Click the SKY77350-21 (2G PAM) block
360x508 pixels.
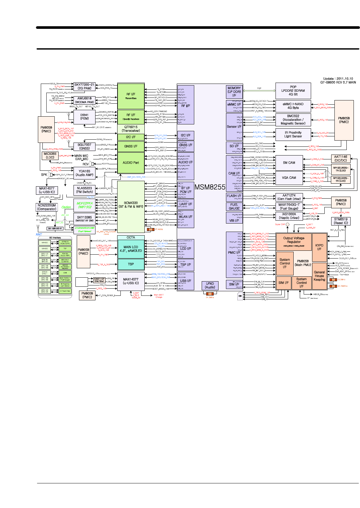point(84,87)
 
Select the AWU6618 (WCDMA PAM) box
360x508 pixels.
point(84,100)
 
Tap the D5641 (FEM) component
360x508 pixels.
point(84,117)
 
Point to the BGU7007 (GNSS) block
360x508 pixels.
point(84,146)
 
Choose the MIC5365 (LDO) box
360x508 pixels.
point(50,156)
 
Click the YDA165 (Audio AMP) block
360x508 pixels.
point(84,173)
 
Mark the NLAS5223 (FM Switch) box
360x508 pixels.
point(84,190)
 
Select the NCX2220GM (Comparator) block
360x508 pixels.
point(47,207)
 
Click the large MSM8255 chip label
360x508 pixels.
point(210,187)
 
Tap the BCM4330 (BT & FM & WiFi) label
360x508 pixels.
point(131,205)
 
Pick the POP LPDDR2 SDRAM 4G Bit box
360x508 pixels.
point(293,91)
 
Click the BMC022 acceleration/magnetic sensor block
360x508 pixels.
point(293,120)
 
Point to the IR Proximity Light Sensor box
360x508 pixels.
point(293,134)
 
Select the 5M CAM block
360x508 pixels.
point(289,163)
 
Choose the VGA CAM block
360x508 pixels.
point(289,178)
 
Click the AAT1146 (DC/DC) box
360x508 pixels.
point(341,158)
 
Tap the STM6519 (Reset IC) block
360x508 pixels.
point(341,221)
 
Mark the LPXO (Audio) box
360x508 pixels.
point(210,285)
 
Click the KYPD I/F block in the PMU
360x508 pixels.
point(319,247)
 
